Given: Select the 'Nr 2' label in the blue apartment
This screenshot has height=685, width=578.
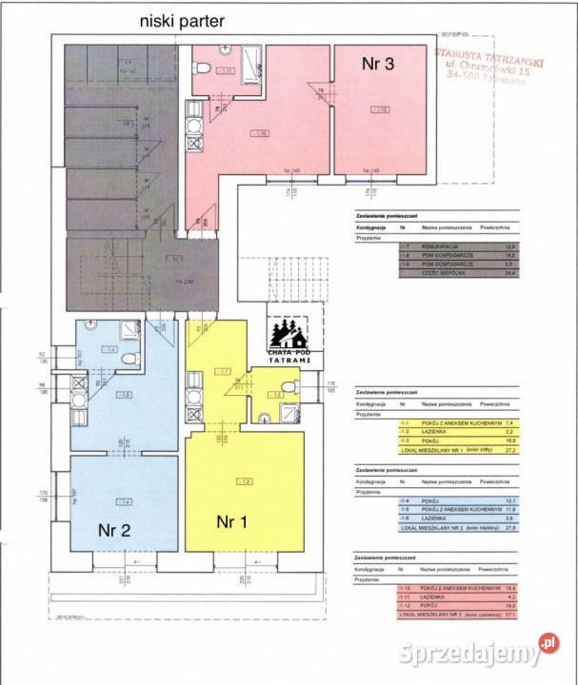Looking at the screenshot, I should coord(113,531).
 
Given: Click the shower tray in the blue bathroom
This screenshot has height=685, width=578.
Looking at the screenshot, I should coord(128,330).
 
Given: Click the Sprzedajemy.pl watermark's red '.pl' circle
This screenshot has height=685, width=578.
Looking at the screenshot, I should coord(548,642).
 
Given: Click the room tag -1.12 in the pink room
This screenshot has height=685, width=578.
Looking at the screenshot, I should coord(381,110).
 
